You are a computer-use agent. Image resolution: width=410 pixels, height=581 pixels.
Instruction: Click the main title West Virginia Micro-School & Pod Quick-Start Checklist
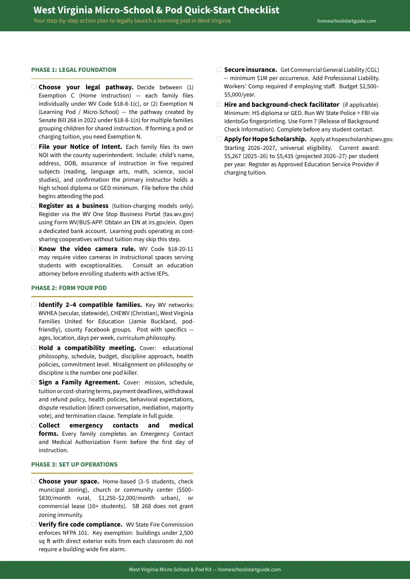point(156,10)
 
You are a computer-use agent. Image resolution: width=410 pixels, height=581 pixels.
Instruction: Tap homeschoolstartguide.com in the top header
point(346,21)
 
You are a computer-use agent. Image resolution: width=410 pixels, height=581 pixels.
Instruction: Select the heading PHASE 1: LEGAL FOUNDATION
point(74,70)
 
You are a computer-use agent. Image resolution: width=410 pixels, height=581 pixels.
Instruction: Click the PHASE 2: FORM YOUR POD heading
point(69,288)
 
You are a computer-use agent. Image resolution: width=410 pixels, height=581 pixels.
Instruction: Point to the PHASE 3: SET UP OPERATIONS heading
point(74,464)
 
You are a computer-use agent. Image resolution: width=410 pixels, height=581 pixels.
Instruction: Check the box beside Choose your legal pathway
point(34,87)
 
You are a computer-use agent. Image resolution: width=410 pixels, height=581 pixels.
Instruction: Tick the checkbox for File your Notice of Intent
point(34,147)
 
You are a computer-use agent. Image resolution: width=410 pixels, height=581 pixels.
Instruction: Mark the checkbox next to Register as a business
point(34,206)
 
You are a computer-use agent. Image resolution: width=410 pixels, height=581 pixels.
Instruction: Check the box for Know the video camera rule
point(34,249)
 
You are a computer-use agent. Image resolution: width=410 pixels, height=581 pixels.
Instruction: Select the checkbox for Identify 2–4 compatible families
point(34,304)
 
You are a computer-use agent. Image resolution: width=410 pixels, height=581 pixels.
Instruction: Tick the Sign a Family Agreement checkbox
point(34,382)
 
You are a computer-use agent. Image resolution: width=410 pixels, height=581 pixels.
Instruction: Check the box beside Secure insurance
point(219,69)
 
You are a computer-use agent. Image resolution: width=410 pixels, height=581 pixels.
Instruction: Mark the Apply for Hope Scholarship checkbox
point(219,139)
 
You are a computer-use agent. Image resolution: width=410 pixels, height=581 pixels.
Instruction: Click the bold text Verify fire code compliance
point(80,525)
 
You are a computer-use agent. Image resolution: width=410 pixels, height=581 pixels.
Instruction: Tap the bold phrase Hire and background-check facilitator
point(281,105)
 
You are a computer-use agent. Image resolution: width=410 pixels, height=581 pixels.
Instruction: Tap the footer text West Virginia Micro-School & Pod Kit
point(169,570)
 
